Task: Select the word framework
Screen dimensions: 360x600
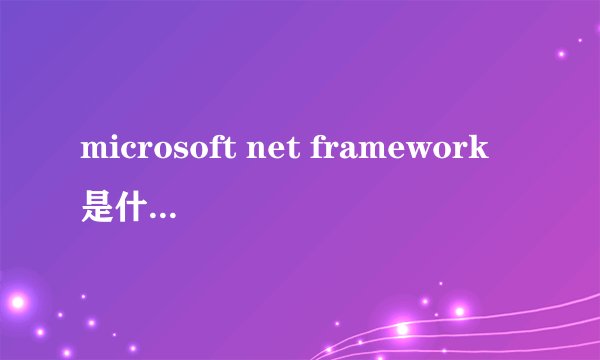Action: click(x=401, y=151)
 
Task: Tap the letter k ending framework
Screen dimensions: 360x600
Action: click(x=481, y=150)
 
